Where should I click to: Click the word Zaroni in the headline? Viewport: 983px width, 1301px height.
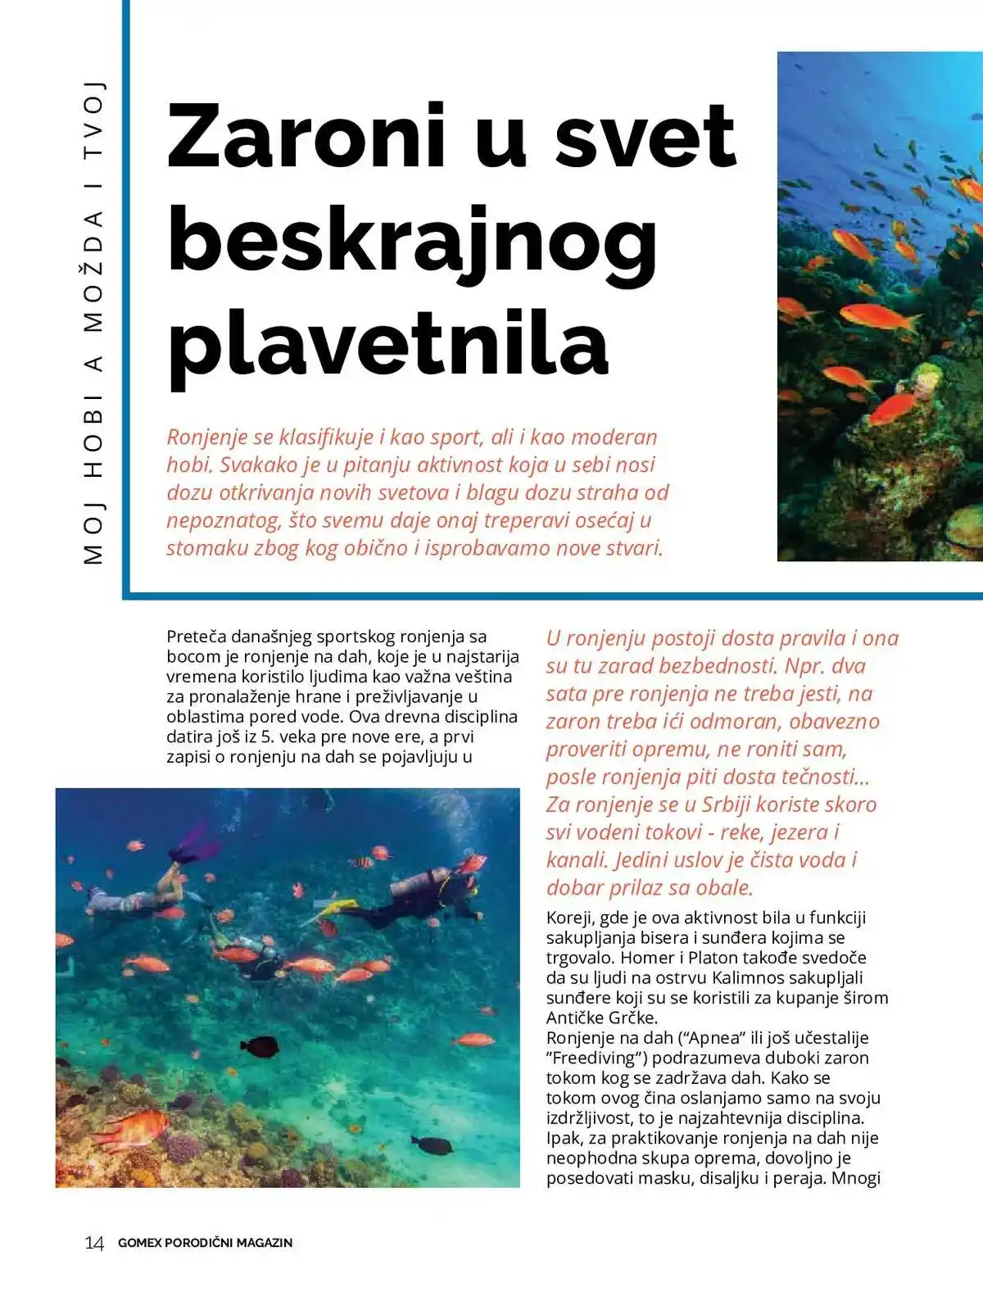coord(306,136)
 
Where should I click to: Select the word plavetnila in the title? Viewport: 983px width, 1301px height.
coord(387,344)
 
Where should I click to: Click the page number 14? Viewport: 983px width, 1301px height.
coord(94,1243)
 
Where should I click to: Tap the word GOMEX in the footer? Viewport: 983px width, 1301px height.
coord(139,1243)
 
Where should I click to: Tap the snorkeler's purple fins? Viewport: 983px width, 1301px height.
coord(194,844)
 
